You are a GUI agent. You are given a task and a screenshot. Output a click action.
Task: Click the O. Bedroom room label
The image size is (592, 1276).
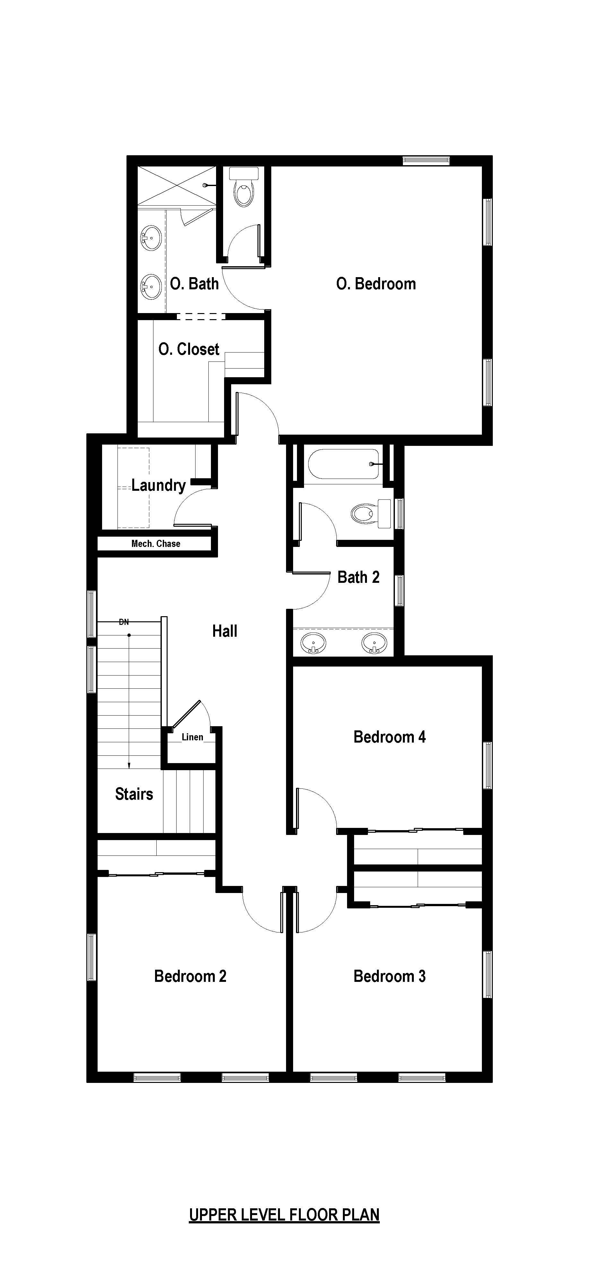[x=376, y=284]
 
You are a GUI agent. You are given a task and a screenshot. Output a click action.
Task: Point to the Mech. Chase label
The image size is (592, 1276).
[x=156, y=543]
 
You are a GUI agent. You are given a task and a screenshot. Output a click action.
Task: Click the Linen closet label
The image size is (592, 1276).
[x=192, y=737]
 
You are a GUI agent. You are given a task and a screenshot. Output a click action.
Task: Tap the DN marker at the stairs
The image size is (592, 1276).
[x=124, y=622]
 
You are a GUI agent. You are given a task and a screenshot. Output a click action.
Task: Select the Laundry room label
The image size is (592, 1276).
[x=158, y=485]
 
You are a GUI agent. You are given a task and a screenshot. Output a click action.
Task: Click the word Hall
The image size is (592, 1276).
[x=225, y=631]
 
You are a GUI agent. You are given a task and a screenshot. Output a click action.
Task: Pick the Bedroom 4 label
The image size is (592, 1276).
[x=390, y=737]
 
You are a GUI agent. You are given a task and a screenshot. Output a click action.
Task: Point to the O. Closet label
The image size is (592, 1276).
[x=189, y=349]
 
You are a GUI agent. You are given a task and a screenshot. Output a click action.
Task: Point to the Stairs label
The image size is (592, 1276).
[x=134, y=794]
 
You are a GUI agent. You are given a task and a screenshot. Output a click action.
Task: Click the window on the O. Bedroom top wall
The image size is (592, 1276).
[x=426, y=160]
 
